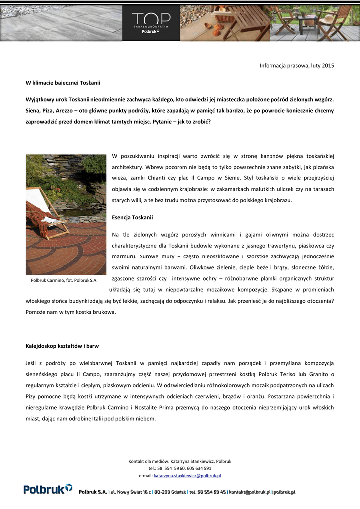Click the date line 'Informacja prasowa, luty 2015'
point(297,65)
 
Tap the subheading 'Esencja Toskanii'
point(133,217)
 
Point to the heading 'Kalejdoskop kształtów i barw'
point(66,345)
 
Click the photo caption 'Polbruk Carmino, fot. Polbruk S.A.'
point(64,280)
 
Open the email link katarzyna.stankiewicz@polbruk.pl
point(187,476)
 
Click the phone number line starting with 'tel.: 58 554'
point(180,468)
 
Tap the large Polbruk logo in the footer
point(48,490)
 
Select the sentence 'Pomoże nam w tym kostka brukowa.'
point(71,312)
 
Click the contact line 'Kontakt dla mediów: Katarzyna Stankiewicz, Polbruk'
point(180,461)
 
